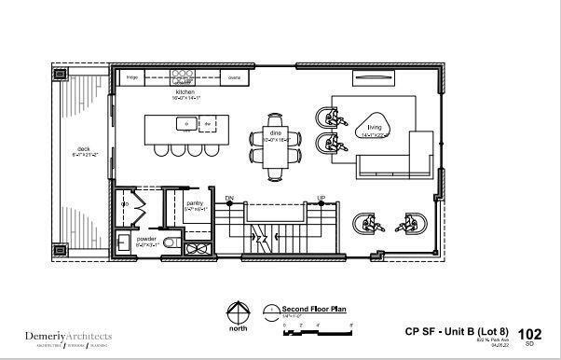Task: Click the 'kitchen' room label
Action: point(185,93)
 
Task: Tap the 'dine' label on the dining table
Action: point(276,133)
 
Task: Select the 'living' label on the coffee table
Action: point(376,127)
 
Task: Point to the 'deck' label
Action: point(83,148)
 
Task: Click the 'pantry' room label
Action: point(195,202)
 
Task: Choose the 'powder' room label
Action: point(146,239)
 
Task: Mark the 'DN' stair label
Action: point(229,199)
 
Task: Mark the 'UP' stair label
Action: point(322,199)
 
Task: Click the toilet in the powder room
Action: point(171,243)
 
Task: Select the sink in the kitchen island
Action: point(186,122)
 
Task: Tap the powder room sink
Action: point(124,243)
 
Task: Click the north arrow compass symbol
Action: point(239,312)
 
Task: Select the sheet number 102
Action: point(529,333)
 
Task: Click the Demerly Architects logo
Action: point(68,337)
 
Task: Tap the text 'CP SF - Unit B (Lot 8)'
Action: point(457,331)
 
